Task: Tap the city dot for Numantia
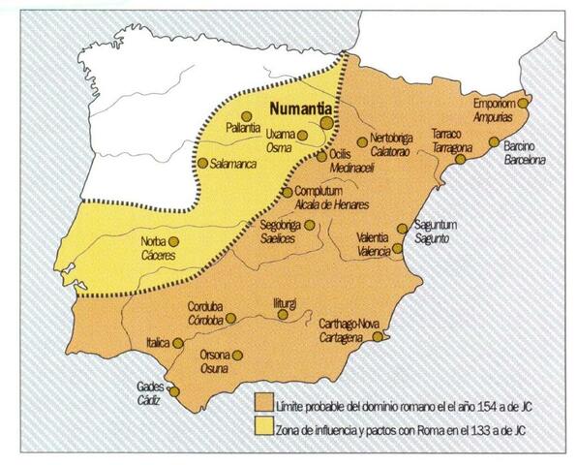click(327, 124)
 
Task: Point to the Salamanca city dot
click(202, 164)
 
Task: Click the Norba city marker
click(174, 241)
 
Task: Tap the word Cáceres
click(162, 253)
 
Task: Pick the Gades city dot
click(176, 392)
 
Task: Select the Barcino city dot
click(494, 142)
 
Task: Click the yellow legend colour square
click(261, 426)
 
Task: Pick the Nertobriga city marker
click(362, 142)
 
